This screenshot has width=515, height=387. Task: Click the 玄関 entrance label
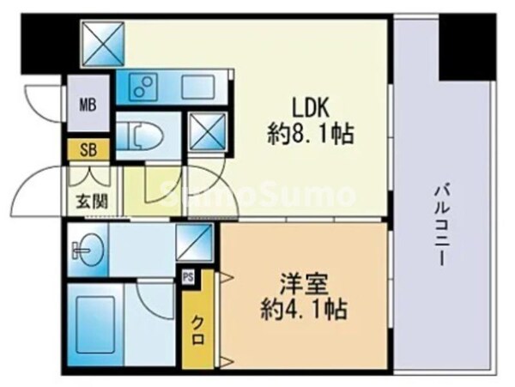click(x=84, y=206)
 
